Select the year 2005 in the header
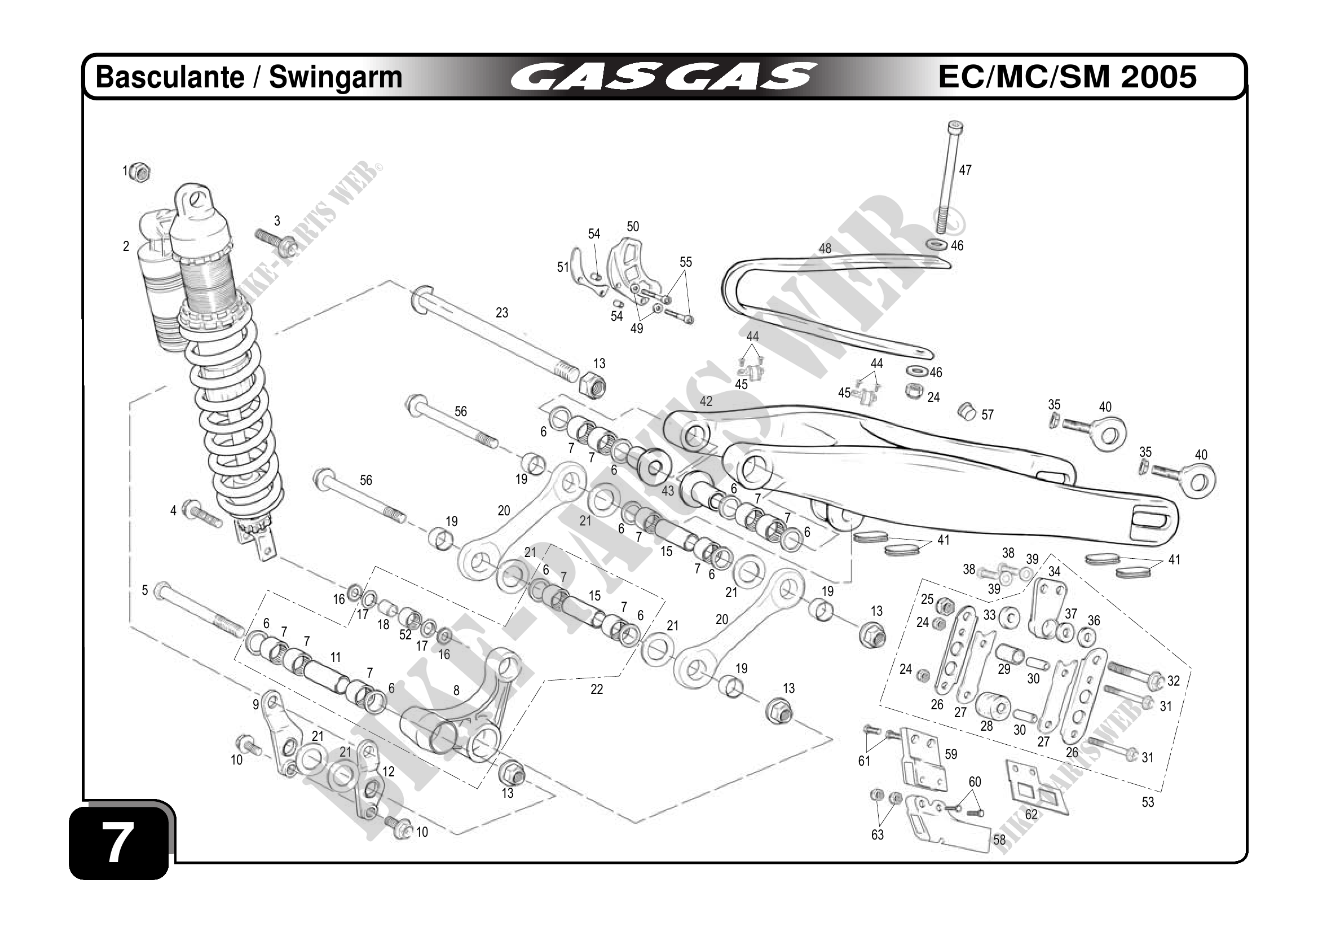click(1158, 77)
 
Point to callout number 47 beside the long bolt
click(965, 170)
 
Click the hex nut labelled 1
click(140, 171)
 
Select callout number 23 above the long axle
click(502, 313)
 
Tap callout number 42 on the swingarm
click(706, 401)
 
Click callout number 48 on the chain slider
click(825, 249)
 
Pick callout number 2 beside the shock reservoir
click(126, 246)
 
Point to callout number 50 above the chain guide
click(633, 227)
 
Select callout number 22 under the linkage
click(597, 689)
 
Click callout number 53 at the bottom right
click(1148, 802)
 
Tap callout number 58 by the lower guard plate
click(999, 840)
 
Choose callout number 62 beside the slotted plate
click(1031, 814)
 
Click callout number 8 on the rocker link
click(456, 690)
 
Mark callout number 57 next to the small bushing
click(987, 415)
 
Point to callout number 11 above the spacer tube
click(336, 657)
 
